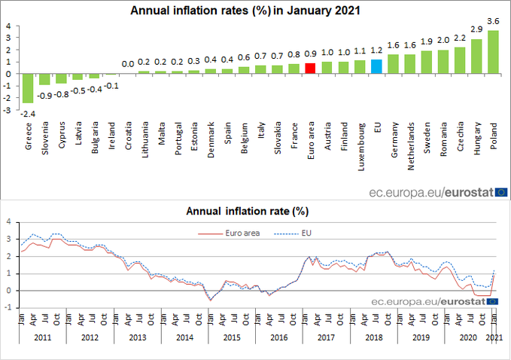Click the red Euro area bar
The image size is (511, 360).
(310, 68)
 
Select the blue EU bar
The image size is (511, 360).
(376, 66)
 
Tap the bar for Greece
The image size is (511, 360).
(28, 88)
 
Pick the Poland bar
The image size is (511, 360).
(493, 52)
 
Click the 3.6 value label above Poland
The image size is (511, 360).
(493, 21)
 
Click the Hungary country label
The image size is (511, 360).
(476, 139)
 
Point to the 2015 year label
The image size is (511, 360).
(232, 337)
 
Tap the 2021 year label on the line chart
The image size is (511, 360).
(494, 337)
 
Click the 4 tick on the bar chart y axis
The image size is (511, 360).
(8, 26)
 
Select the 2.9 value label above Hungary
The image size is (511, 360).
(476, 29)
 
